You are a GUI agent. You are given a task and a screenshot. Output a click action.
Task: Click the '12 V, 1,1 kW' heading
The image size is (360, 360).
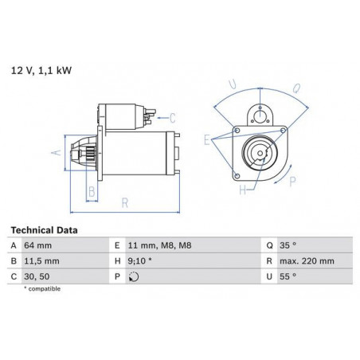[x=41, y=71]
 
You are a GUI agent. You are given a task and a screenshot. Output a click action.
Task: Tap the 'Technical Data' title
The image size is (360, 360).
[x=44, y=230]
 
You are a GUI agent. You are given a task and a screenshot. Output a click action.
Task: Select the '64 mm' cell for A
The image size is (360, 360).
[x=38, y=245]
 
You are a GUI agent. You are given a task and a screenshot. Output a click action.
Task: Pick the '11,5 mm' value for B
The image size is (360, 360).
[x=41, y=261]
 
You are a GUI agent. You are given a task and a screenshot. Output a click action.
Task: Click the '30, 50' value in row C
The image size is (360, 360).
[x=37, y=276]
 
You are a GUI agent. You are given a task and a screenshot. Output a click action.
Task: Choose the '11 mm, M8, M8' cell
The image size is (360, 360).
[x=159, y=245]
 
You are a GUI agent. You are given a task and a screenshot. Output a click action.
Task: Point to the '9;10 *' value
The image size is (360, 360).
[x=139, y=261]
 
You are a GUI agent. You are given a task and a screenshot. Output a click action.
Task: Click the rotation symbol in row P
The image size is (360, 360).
[x=134, y=276]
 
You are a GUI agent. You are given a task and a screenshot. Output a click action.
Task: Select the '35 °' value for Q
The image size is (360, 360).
[x=288, y=245]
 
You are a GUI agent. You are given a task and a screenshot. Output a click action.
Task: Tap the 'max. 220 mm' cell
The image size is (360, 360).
[x=307, y=261]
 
